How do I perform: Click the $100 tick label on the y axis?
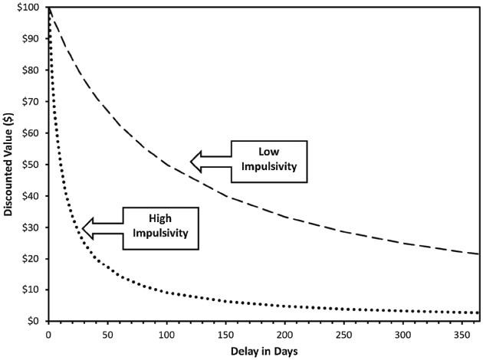pos(28,7)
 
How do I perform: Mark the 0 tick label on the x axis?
pos(48,335)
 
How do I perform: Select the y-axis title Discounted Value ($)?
pos(9,165)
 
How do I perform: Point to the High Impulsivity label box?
pos(159,227)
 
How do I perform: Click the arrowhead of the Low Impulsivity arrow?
pos(196,161)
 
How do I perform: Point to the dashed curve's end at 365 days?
pos(478,254)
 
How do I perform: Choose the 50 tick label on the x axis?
pos(107,335)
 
